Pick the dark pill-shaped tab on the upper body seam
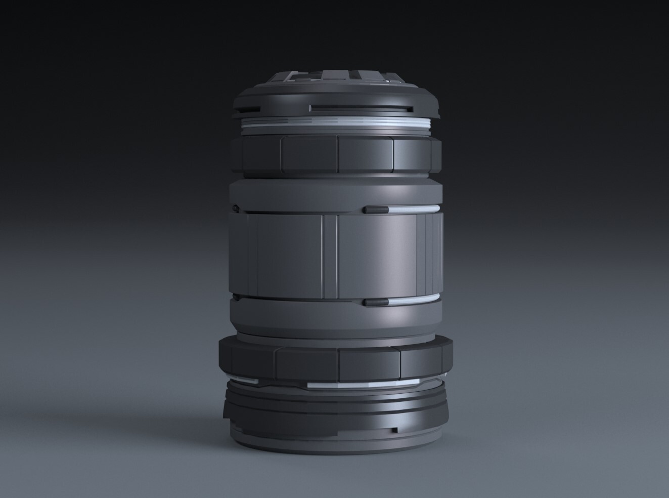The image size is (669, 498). coord(375,209)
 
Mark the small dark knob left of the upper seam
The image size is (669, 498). coord(235,207)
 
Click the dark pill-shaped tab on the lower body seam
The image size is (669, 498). coord(375,302)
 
